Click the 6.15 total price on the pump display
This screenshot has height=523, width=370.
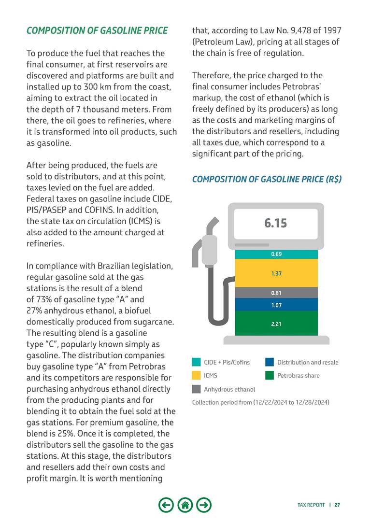275,223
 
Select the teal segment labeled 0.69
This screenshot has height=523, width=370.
276,254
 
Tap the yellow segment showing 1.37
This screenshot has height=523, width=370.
276,273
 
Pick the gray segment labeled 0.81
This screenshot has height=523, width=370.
276,293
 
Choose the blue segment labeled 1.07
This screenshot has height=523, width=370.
276,305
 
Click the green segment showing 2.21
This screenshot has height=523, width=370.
276,324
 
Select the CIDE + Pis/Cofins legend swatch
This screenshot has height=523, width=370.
196,362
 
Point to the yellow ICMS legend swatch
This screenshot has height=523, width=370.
196,375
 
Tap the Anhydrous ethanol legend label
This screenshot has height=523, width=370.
229,389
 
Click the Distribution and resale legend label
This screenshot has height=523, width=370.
308,362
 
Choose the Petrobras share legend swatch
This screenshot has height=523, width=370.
270,375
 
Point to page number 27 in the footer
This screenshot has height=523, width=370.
337,505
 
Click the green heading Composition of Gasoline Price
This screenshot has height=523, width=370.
97,31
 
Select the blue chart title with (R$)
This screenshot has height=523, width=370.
267,179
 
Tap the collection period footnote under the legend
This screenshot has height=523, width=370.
260,402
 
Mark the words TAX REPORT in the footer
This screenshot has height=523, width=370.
311,505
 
